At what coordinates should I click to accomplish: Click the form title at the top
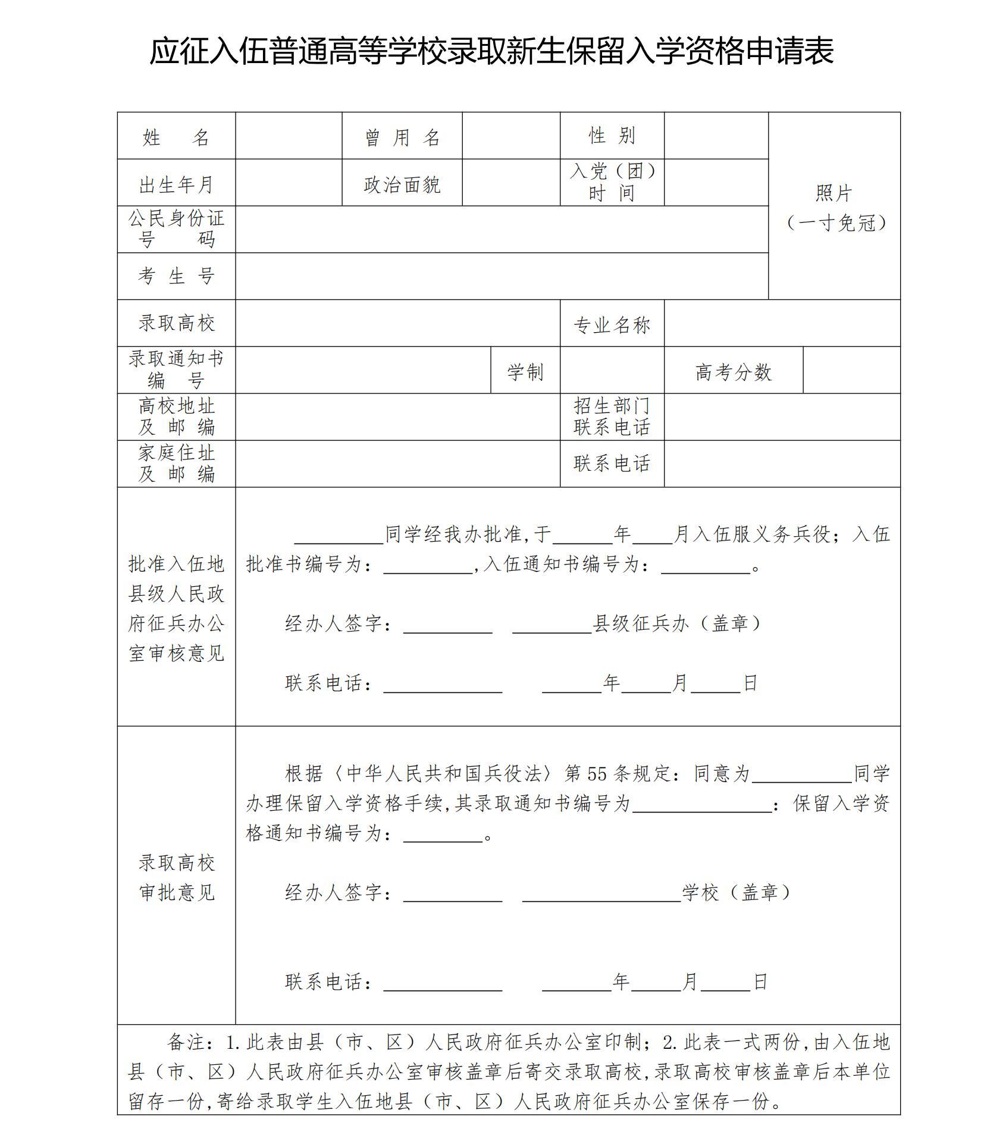pyautogui.click(x=491, y=51)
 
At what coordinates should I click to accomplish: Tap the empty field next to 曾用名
pyautogui.click(x=510, y=136)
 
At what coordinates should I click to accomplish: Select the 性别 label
pyautogui.click(x=612, y=136)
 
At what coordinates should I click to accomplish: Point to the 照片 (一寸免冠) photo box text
pyautogui.click(x=834, y=208)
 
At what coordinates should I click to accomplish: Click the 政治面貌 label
pyautogui.click(x=402, y=185)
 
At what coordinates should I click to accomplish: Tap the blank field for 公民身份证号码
pyautogui.click(x=501, y=229)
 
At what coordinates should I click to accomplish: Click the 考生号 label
pyautogui.click(x=176, y=276)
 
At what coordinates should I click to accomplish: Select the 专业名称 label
pyautogui.click(x=612, y=325)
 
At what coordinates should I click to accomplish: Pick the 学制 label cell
pyautogui.click(x=525, y=372)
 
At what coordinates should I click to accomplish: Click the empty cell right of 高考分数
pyautogui.click(x=851, y=370)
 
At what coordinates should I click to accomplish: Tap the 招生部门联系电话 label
pyautogui.click(x=612, y=417)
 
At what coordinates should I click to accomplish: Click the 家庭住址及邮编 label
pyautogui.click(x=176, y=464)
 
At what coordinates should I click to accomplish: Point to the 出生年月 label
pyautogui.click(x=176, y=185)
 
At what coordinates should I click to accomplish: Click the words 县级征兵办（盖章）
pyautogui.click(x=677, y=623)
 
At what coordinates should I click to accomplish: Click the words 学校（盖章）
pyautogui.click(x=736, y=892)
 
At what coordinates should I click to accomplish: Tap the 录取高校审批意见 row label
pyautogui.click(x=176, y=877)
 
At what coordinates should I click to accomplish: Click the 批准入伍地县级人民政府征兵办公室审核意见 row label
pyautogui.click(x=176, y=608)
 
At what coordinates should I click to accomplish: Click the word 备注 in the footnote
pyautogui.click(x=186, y=1042)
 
